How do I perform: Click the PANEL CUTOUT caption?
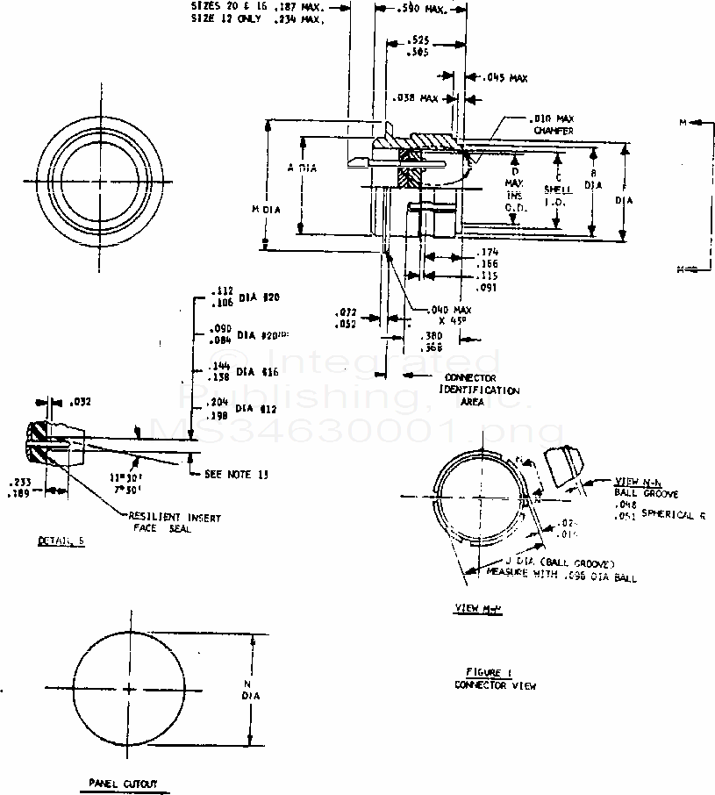click(123, 783)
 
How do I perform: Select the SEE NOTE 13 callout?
click(236, 474)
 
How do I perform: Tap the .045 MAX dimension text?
click(504, 78)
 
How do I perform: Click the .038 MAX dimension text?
click(417, 98)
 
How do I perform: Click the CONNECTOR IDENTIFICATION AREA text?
click(478, 390)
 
